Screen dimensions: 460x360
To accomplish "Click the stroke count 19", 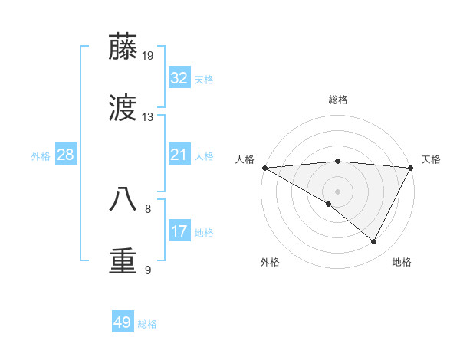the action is pyautogui.click(x=148, y=55).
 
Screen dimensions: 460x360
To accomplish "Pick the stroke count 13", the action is pyautogui.click(x=148, y=117).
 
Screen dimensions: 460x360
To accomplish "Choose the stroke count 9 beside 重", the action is pyautogui.click(x=148, y=270).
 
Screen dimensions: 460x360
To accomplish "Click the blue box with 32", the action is pyautogui.click(x=179, y=78).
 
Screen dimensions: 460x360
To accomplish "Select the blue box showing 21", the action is pyautogui.click(x=179, y=155).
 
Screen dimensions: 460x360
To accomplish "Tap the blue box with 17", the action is pyautogui.click(x=179, y=231).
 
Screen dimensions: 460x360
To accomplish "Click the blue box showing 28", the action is pyautogui.click(x=65, y=155).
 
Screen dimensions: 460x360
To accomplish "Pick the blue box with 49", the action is pyautogui.click(x=123, y=322).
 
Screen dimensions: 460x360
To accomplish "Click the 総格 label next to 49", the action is pyautogui.click(x=147, y=324).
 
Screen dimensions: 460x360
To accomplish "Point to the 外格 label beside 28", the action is pyautogui.click(x=41, y=156).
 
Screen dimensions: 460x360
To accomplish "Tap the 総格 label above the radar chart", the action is pyautogui.click(x=338, y=100).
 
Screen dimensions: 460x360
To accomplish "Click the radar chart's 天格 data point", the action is pyautogui.click(x=411, y=167).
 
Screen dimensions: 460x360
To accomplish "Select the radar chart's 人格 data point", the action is pyautogui.click(x=264, y=167).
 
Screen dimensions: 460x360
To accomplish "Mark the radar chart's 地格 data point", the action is pyautogui.click(x=374, y=241).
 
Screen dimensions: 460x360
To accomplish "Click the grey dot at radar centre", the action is pyautogui.click(x=337, y=191).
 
